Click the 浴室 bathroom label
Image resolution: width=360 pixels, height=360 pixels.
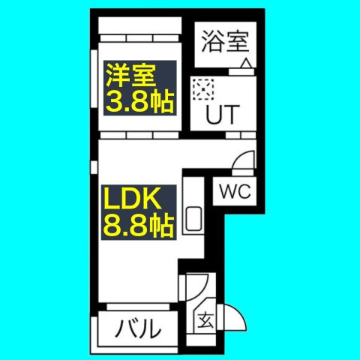(x=225, y=42)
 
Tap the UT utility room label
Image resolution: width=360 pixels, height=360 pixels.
(x=223, y=115)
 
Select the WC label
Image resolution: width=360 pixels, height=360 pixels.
(x=235, y=191)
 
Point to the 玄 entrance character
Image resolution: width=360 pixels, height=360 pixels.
(x=206, y=320)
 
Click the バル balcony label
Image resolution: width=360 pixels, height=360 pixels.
(x=138, y=328)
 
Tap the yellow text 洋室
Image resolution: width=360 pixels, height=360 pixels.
(x=131, y=76)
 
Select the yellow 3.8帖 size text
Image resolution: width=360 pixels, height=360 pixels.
(x=140, y=102)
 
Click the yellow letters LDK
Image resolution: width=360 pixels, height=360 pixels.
(x=133, y=199)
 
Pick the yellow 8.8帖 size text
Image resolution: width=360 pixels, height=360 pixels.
(x=139, y=226)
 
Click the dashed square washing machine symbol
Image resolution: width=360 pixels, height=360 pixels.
(x=203, y=89)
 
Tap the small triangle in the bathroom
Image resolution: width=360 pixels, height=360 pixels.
(x=247, y=63)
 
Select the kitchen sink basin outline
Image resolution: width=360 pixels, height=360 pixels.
(x=193, y=219)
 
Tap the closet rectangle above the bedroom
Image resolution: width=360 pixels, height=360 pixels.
(x=139, y=25)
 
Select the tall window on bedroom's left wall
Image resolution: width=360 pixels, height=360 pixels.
(x=94, y=79)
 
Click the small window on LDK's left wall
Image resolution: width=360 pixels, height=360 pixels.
(x=94, y=167)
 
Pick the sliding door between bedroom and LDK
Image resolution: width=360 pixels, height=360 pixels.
(x=139, y=135)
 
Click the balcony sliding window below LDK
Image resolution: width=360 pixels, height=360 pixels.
(x=138, y=307)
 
